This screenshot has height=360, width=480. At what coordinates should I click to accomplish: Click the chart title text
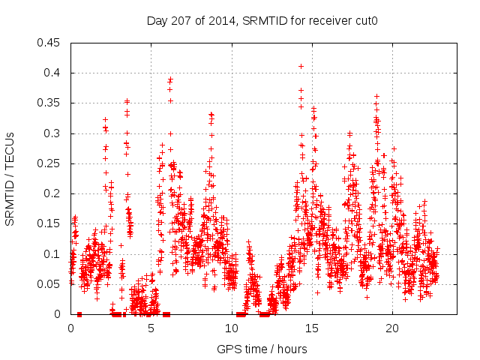[x=261, y=21]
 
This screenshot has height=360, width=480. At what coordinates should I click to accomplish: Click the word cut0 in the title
[x=364, y=21]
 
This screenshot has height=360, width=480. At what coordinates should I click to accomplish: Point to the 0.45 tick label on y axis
[x=49, y=43]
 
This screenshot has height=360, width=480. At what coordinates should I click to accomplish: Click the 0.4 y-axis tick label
[x=53, y=73]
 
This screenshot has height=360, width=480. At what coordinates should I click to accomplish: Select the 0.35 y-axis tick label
[x=49, y=103]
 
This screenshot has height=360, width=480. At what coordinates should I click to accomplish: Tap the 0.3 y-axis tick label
[x=53, y=133]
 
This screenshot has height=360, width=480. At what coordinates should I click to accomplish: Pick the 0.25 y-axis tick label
[x=49, y=163]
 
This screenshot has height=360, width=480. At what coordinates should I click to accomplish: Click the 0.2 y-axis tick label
[x=53, y=193]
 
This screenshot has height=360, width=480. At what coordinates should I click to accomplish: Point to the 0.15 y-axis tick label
[x=49, y=223]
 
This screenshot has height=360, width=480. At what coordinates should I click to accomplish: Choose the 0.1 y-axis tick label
[x=53, y=254]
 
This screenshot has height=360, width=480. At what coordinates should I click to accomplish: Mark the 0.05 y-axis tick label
[x=49, y=284]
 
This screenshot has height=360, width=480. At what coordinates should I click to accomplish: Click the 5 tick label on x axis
[x=151, y=328]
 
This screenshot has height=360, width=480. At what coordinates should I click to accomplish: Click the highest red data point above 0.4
[x=301, y=66]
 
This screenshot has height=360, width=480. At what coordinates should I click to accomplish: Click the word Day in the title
[x=156, y=21]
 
